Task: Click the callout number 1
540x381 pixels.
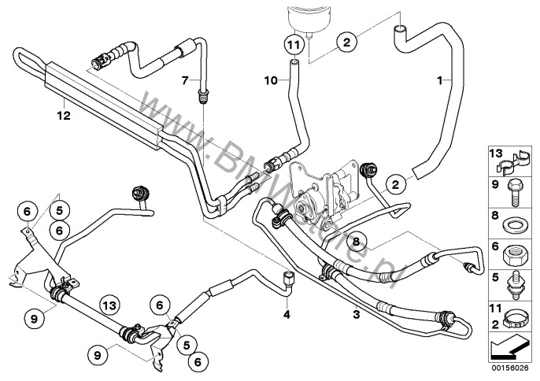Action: pos(441,80)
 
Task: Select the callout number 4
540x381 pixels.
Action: pos(287,316)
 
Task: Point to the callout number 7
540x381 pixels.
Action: pos(186,80)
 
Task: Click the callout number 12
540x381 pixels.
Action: pos(62,115)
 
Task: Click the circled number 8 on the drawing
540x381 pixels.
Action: pos(355,242)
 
